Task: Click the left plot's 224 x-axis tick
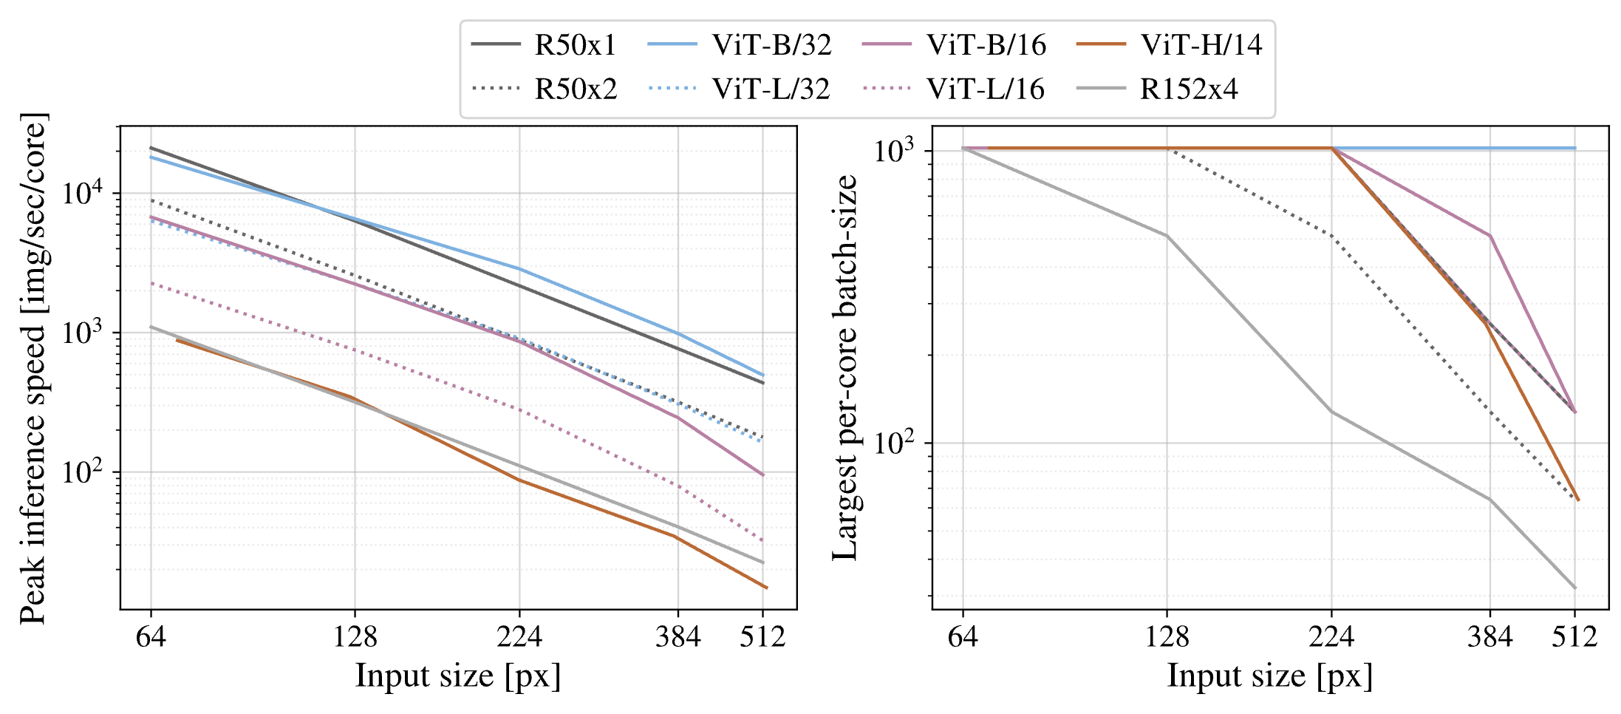point(519,636)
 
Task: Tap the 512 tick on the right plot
point(1574,636)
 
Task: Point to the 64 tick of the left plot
point(151,636)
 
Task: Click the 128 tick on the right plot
point(1167,636)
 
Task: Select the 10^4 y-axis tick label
point(82,194)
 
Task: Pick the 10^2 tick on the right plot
point(898,443)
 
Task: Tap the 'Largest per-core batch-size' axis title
point(844,368)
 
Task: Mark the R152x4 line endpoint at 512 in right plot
point(1575,588)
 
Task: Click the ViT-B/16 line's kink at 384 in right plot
point(1490,236)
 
